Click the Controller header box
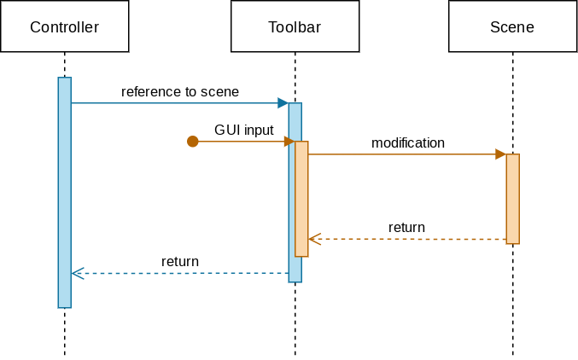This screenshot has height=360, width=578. (64, 26)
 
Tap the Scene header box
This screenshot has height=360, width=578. (512, 26)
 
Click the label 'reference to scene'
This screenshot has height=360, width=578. (180, 91)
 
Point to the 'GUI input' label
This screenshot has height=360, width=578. (244, 130)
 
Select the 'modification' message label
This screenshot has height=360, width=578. (408, 142)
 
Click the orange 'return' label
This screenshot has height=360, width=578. (406, 227)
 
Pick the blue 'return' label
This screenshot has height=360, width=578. (180, 261)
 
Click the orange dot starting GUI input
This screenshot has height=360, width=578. (193, 142)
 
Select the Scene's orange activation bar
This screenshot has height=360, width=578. (512, 199)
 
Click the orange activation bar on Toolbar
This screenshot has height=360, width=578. (301, 199)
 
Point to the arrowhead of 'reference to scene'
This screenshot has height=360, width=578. (283, 103)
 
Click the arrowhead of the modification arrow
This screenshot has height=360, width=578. (500, 154)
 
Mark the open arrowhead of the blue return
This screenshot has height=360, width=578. (77, 273)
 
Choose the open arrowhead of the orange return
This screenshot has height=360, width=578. (314, 239)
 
